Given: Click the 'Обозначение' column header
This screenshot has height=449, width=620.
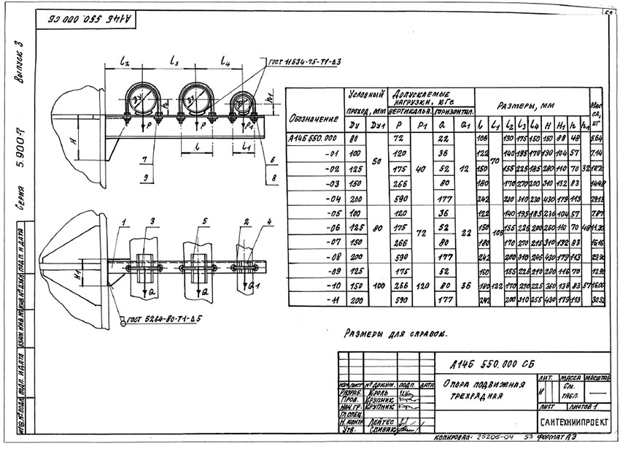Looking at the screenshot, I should coord(314,118).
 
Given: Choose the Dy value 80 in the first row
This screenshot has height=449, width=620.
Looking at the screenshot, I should coord(355,137).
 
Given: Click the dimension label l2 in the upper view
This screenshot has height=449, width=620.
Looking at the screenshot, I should coord(125,64).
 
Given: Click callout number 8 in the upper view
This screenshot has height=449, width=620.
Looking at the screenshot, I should coord(272,177).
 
